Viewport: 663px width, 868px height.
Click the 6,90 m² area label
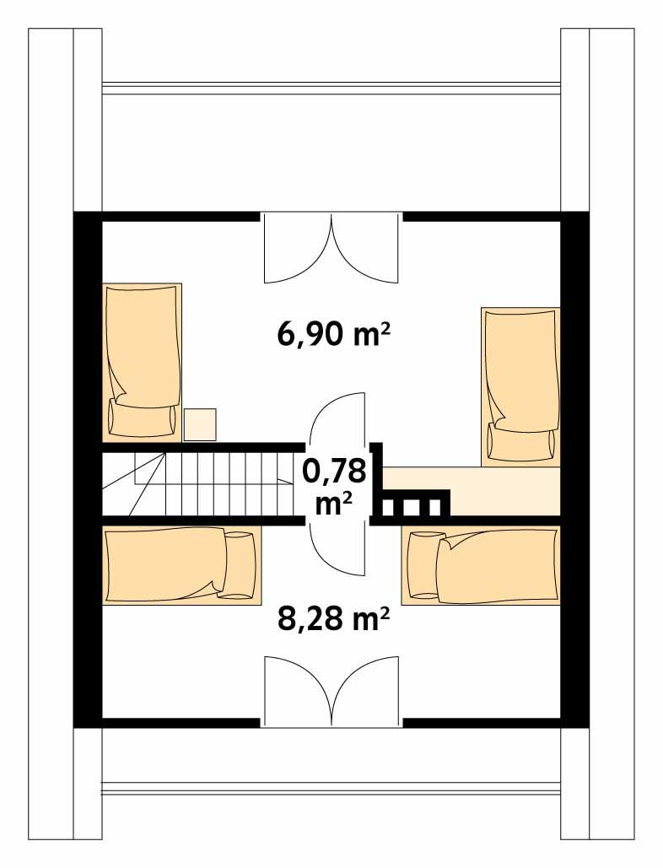tap(332, 335)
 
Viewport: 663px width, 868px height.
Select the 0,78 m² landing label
tap(334, 486)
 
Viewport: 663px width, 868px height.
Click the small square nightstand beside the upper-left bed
tap(200, 424)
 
